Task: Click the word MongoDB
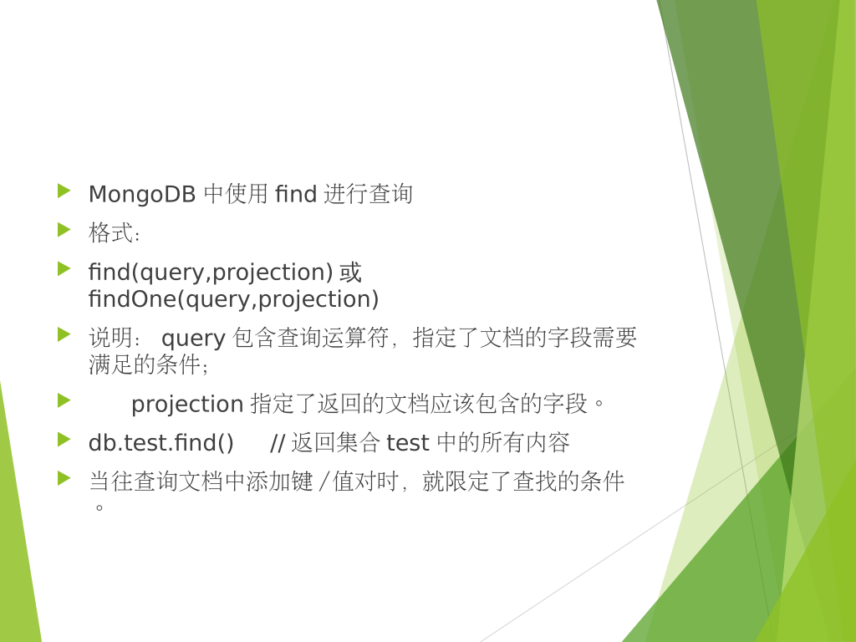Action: (x=142, y=194)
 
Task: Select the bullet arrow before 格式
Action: (x=64, y=230)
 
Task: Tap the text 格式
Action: (x=111, y=232)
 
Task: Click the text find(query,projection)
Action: (x=211, y=273)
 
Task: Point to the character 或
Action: (x=350, y=273)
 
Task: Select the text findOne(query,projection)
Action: (x=234, y=299)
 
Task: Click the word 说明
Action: (x=111, y=338)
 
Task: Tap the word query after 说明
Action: (x=193, y=339)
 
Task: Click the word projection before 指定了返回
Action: (x=187, y=405)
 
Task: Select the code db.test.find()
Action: (x=161, y=443)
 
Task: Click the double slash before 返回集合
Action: (x=278, y=443)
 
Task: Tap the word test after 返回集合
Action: (x=408, y=443)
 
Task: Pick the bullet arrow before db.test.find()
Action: (x=64, y=439)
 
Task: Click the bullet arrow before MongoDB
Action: (x=64, y=191)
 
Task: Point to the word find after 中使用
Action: (x=296, y=194)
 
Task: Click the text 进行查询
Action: (x=369, y=194)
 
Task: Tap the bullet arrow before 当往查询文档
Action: (x=64, y=478)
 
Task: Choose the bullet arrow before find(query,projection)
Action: (x=64, y=268)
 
